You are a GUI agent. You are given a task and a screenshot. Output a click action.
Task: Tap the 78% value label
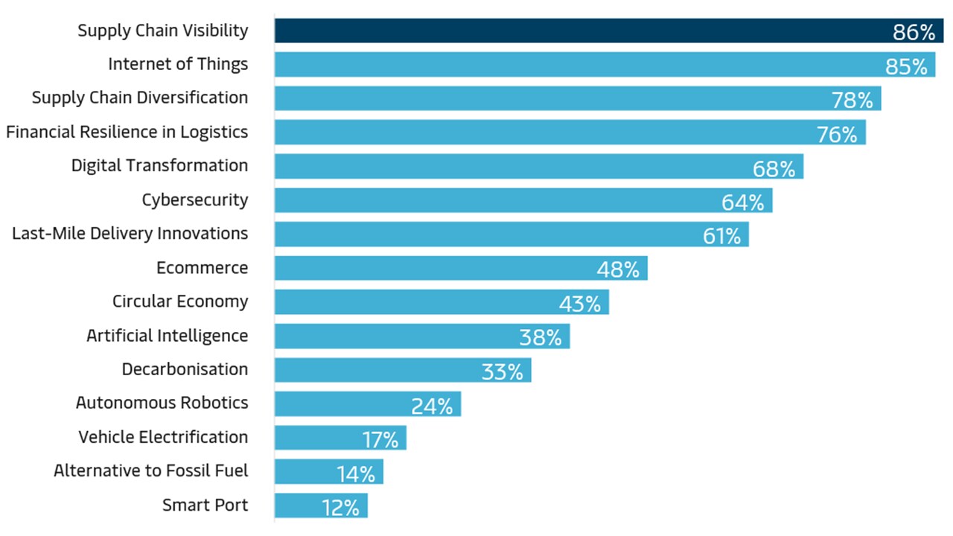click(x=852, y=100)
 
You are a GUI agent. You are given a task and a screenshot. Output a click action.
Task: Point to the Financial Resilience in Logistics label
click(x=127, y=132)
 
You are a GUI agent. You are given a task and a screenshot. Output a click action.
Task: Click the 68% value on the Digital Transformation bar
click(x=774, y=168)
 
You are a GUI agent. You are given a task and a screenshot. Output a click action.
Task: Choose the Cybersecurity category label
click(x=195, y=200)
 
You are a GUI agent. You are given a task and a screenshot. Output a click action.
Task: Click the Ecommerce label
click(x=203, y=267)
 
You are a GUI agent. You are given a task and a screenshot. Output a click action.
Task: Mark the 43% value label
click(x=579, y=304)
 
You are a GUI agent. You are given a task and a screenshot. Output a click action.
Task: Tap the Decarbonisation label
click(x=185, y=369)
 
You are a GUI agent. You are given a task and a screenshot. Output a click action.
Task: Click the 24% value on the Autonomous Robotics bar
click(x=432, y=406)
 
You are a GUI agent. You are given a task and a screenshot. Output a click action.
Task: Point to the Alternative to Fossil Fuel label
click(x=151, y=470)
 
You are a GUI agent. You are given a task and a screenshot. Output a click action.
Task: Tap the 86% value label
click(x=914, y=32)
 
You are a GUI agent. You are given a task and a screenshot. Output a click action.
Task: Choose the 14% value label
click(x=355, y=473)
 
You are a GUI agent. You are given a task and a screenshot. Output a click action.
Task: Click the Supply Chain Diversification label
click(x=140, y=98)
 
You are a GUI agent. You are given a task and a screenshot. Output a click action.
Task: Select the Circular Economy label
click(x=180, y=301)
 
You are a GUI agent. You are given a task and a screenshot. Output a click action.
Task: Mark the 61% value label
click(x=721, y=236)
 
